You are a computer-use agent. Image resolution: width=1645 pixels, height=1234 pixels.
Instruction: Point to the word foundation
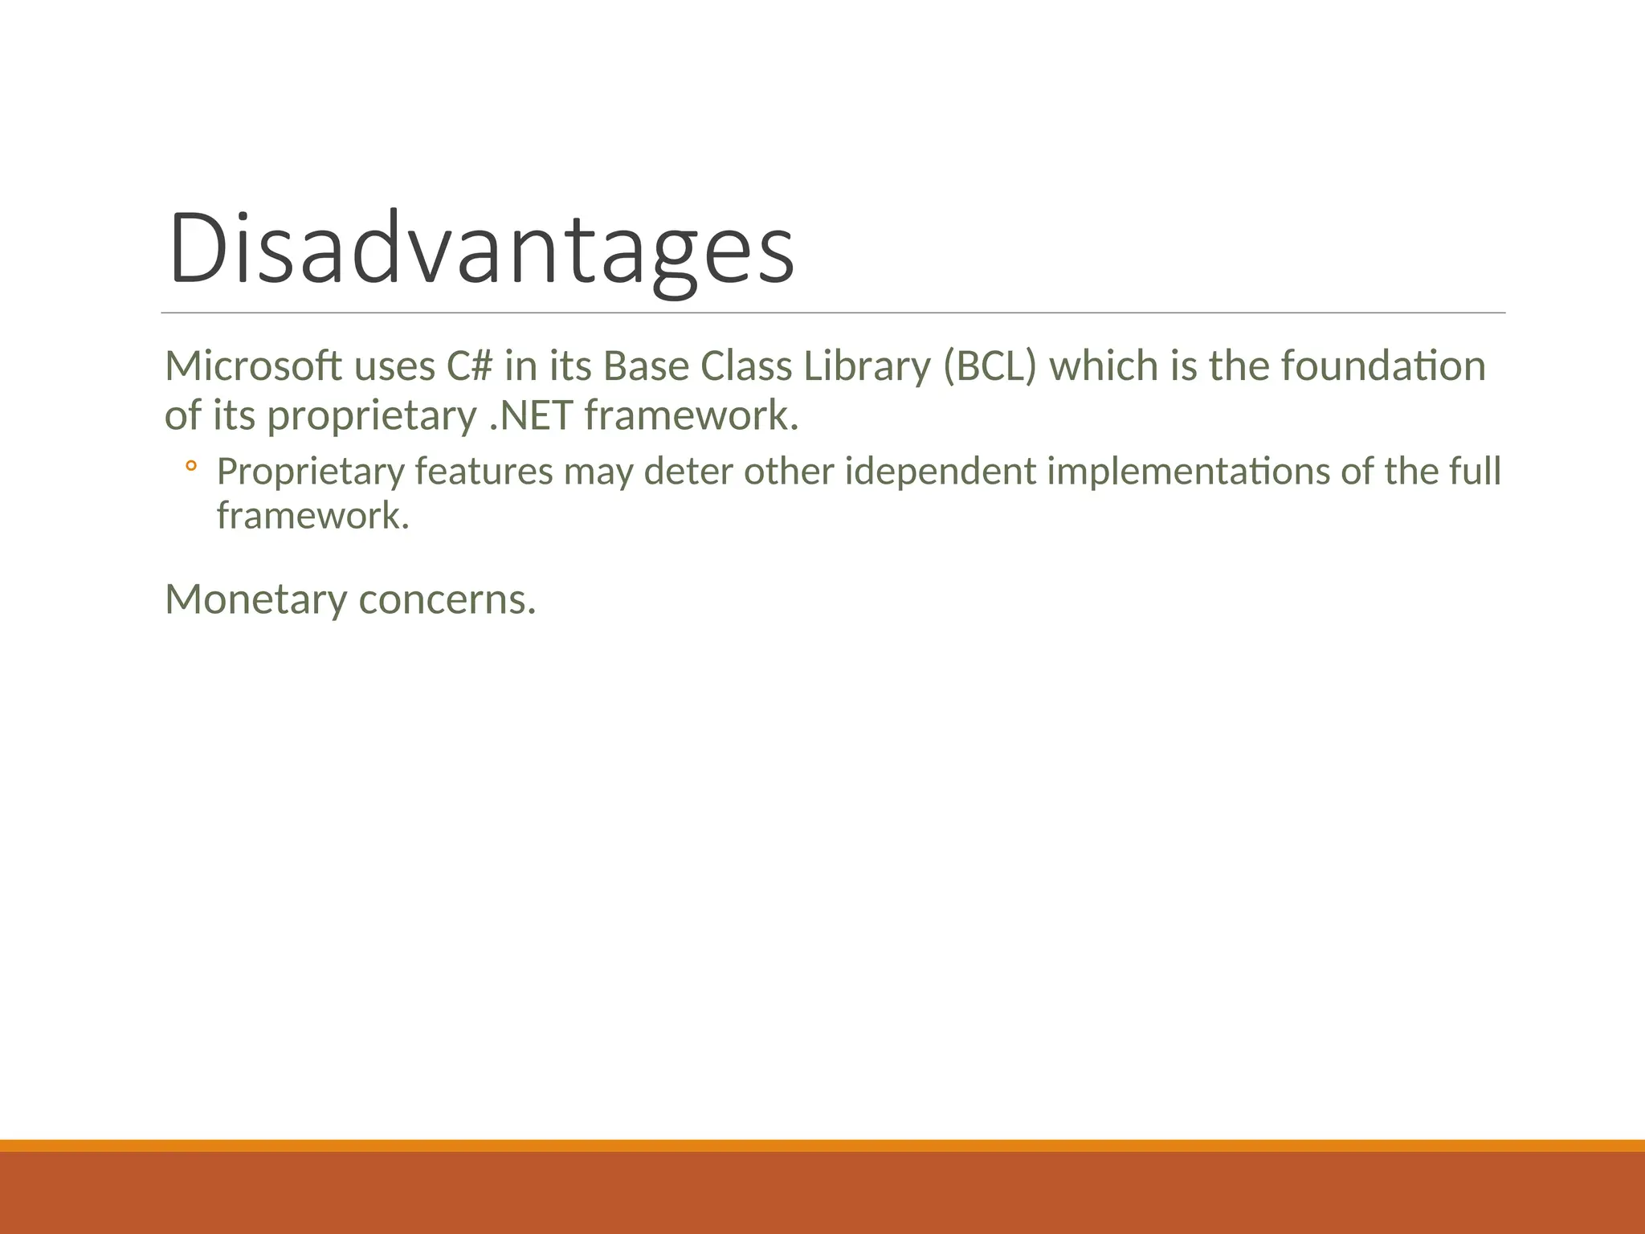[1383, 366]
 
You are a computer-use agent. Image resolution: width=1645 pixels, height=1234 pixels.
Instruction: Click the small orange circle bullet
[190, 466]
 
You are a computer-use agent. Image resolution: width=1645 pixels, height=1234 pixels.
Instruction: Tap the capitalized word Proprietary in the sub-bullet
[310, 472]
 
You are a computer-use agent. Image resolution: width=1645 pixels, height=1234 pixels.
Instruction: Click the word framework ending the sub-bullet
[312, 516]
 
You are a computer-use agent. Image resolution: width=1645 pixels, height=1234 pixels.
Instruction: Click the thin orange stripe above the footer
[822, 1145]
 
